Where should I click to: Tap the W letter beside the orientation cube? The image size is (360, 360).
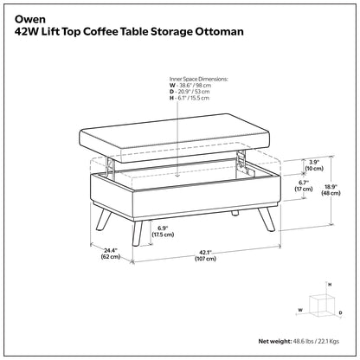click(300, 307)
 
